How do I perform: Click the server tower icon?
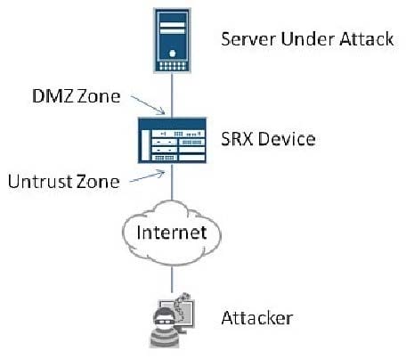(172, 40)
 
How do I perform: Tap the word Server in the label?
(248, 39)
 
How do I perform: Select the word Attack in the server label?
(367, 39)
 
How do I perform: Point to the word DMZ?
(53, 96)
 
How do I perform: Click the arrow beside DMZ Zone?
(148, 105)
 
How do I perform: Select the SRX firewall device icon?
(172, 140)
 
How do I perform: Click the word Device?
(287, 139)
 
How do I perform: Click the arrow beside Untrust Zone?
(147, 176)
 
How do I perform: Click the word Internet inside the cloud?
(172, 233)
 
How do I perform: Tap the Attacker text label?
(257, 318)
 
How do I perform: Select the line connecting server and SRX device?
(172, 95)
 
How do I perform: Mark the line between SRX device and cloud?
(172, 182)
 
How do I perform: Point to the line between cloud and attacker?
(172, 279)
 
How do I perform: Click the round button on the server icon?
(173, 53)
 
